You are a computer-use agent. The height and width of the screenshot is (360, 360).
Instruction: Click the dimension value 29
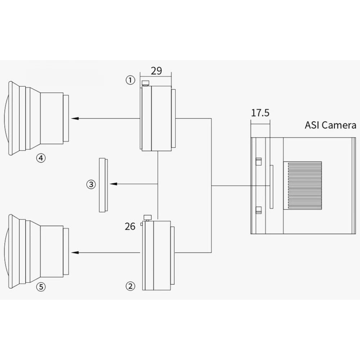coord(156,71)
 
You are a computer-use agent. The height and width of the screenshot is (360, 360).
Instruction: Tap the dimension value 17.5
coord(260,113)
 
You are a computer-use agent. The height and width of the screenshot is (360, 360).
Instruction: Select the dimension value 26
coord(130,226)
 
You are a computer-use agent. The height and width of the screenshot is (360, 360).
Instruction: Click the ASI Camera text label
coord(330,125)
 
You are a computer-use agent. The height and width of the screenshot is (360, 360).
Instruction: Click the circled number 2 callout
coord(130,286)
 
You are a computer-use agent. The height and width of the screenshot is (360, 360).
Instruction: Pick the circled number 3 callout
coord(91,184)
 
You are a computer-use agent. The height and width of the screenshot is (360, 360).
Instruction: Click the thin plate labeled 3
coord(103,184)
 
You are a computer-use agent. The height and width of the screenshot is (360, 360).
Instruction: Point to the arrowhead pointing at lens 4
coord(74,118)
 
